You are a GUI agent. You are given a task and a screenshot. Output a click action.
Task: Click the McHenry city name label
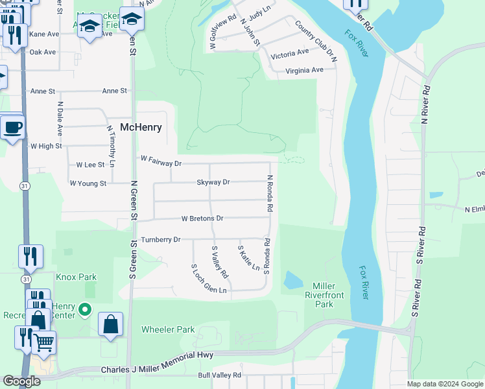click(141, 128)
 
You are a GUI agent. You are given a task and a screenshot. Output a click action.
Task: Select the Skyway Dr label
click(213, 183)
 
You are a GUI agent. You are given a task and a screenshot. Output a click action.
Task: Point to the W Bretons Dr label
click(202, 218)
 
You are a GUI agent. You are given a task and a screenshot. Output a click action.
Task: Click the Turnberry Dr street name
click(160, 240)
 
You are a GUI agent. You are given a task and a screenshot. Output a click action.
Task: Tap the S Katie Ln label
click(249, 258)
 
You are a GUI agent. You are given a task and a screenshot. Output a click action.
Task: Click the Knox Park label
click(76, 277)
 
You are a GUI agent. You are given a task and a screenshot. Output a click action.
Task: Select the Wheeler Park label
click(168, 329)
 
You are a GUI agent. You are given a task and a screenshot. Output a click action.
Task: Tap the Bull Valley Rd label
click(219, 375)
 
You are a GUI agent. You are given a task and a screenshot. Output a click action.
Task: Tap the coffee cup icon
click(12, 127)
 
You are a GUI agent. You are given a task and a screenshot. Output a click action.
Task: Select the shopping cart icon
click(43, 342)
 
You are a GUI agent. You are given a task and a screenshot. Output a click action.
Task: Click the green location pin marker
click(84, 311)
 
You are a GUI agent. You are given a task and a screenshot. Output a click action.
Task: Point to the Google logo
click(21, 381)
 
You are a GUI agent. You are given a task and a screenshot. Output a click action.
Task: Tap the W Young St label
click(88, 183)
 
